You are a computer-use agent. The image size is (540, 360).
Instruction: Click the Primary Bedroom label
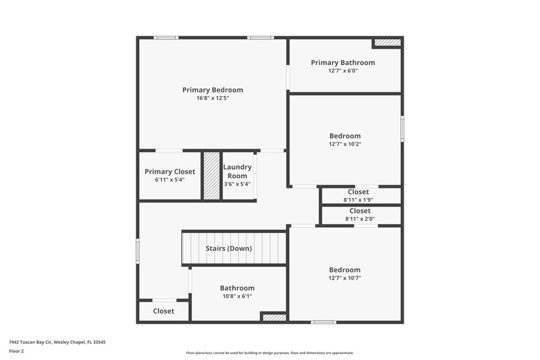tap(213, 90)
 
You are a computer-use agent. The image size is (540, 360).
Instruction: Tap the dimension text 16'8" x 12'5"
tap(213, 99)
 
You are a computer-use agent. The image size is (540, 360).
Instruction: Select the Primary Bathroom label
tap(343, 63)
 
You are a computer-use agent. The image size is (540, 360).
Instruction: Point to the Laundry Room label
tap(238, 172)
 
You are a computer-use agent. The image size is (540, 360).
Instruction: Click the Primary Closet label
tap(170, 172)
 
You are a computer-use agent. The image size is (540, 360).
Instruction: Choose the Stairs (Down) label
tap(229, 249)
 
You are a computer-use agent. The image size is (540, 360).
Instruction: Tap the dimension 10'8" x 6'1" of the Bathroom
tap(237, 297)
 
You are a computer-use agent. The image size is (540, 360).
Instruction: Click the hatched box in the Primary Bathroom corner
tap(387, 43)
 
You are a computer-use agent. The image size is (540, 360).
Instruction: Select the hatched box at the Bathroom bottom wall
tap(274, 317)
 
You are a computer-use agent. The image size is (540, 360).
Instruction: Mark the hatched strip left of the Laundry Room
tap(212, 176)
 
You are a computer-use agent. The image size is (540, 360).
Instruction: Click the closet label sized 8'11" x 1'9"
tap(359, 192)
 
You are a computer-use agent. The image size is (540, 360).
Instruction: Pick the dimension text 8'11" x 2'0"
tap(359, 219)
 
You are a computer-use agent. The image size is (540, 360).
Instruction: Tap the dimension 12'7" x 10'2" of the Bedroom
tap(345, 144)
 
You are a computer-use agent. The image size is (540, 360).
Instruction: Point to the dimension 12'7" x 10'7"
tap(345, 278)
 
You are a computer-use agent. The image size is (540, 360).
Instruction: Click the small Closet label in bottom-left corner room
tap(163, 311)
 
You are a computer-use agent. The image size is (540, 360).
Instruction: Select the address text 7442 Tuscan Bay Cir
tap(57, 342)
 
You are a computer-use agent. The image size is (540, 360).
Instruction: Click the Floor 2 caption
tap(16, 351)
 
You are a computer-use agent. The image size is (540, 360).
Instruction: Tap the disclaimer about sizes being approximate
tap(270, 353)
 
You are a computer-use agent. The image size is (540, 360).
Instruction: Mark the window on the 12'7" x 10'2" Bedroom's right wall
tap(402, 127)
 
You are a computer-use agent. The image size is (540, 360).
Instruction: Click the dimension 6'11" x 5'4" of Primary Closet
tap(170, 180)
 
